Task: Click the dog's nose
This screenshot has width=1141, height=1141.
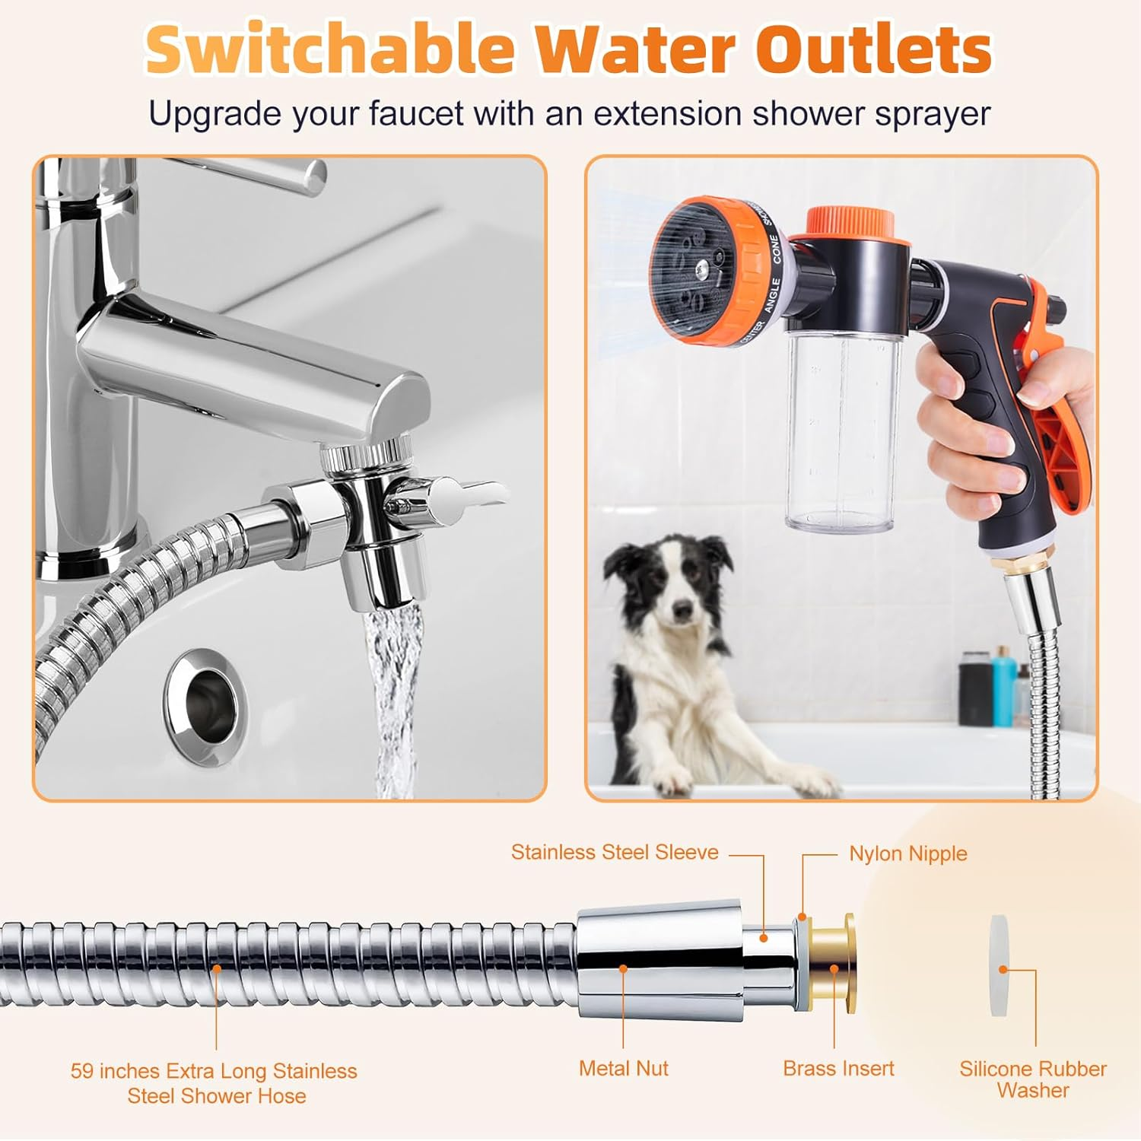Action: point(682,609)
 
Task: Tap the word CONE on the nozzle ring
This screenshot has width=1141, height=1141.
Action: point(776,249)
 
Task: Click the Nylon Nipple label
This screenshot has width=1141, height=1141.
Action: point(907,853)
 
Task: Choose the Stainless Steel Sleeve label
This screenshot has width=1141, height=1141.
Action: point(615,852)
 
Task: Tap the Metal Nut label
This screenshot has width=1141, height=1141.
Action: point(623,1068)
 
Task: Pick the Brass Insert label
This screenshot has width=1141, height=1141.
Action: point(838,1068)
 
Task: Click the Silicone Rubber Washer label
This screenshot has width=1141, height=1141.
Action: point(1032,1079)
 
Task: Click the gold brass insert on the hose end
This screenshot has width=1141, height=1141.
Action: point(833,965)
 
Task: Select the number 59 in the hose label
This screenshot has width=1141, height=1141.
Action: point(82,1071)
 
